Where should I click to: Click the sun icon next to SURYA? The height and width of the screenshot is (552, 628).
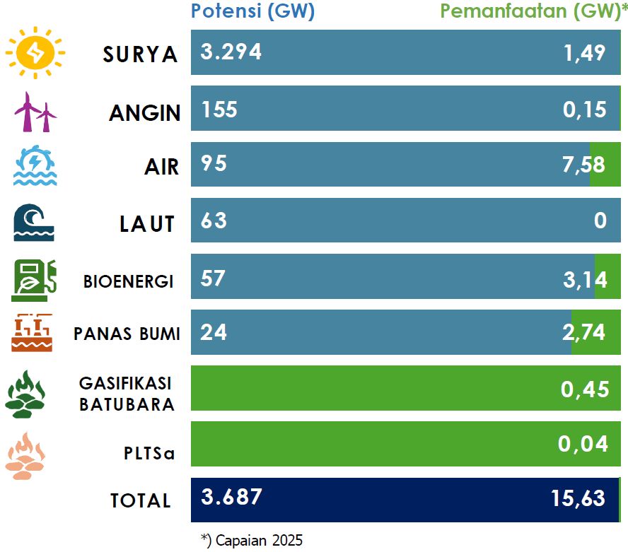coord(35,53)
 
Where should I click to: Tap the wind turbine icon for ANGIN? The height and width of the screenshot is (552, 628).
coord(35,112)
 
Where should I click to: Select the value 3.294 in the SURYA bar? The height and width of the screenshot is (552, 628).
coord(231,52)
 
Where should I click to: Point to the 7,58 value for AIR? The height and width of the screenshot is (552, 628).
coord(585,165)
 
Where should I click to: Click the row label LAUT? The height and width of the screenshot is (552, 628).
coord(147,223)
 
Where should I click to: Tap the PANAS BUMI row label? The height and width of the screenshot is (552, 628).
coord(127,334)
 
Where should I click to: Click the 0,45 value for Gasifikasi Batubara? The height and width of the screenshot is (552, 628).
coord(585,389)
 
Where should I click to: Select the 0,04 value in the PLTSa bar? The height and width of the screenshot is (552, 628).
coord(583,444)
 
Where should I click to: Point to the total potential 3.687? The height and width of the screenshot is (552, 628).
coord(231,496)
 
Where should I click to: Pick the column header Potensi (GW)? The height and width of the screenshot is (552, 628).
coord(252,11)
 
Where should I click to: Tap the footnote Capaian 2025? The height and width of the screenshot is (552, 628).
coord(252,541)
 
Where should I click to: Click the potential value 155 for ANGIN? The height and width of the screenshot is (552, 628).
coord(219,109)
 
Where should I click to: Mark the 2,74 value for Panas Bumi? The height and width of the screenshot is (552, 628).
coord(585,332)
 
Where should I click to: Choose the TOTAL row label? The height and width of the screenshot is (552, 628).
coord(141,500)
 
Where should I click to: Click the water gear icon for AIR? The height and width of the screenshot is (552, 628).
coord(34,165)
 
